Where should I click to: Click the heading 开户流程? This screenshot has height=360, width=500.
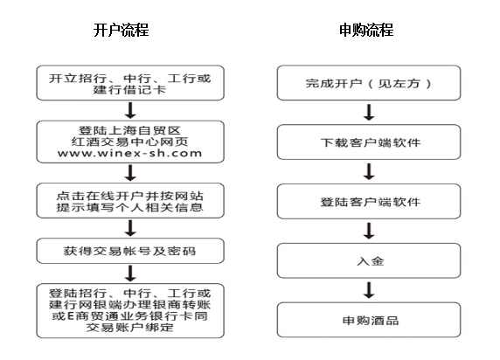tap(122, 30)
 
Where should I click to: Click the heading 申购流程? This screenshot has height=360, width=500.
tap(366, 30)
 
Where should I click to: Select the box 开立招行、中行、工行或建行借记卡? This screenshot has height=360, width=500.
tap(130, 83)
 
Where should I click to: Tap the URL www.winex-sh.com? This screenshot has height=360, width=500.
tap(129, 153)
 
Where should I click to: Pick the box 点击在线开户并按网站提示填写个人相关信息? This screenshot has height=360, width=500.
tap(130, 201)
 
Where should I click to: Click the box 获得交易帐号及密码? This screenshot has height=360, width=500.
tap(130, 251)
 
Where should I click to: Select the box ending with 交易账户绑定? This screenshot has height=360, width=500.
tap(130, 310)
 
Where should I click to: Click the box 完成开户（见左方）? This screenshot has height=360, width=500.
tap(369, 83)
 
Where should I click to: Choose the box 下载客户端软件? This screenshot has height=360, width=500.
tap(369, 142)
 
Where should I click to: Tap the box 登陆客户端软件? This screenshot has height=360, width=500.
tap(369, 202)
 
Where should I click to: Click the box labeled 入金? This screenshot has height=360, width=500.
tap(369, 261)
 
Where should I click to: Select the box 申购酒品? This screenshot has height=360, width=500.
tap(369, 320)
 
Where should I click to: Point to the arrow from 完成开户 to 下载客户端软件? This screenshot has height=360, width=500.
tap(369, 112)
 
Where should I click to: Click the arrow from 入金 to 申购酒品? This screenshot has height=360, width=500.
tap(369, 290)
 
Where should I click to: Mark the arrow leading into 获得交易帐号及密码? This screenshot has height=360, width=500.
tap(130, 228)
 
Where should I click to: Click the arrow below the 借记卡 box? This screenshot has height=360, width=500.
tap(130, 110)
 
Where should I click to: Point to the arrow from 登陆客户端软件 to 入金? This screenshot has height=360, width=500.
tap(369, 231)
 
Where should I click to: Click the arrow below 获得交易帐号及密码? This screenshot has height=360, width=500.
tap(130, 273)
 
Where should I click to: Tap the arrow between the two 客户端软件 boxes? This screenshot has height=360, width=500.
tap(369, 171)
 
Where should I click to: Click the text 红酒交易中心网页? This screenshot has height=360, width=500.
tap(129, 142)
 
